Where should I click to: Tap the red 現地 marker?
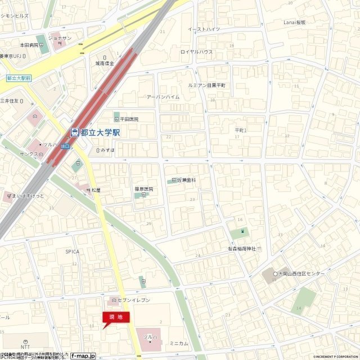coord(116,317)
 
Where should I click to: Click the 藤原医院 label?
coord(143,189)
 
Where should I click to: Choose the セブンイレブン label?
coord(133,300)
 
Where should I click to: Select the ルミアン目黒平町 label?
coord(207,85)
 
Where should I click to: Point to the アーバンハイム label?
coord(163,97)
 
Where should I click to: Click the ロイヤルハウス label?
coord(196,52)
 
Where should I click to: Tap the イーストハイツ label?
coord(204,29)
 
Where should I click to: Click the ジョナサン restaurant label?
coord(59,38)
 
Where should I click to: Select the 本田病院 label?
coord(29,44)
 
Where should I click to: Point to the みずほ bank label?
coord(107,150)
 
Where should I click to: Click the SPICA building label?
coord(72,251)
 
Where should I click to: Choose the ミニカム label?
coord(179,343)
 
